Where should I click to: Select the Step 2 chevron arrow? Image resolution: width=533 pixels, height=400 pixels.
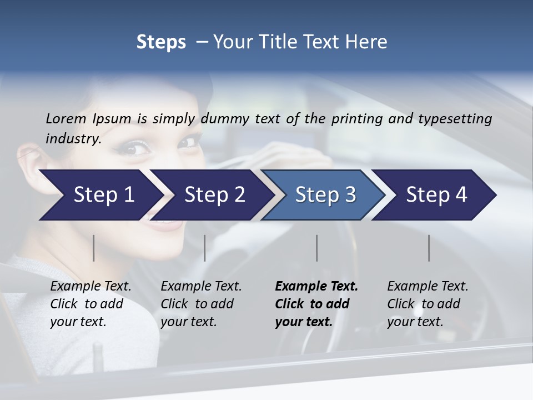[x=214, y=195]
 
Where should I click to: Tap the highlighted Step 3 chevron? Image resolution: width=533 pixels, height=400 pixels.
[x=325, y=195]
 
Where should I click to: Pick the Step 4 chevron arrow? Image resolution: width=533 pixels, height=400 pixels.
[x=436, y=195]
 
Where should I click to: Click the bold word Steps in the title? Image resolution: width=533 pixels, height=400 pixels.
[x=161, y=42]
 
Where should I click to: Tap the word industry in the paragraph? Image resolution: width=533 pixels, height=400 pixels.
[x=72, y=138]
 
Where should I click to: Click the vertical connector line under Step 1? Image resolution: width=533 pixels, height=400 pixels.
[x=93, y=248]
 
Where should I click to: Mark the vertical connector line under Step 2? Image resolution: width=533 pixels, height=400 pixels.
[x=204, y=248]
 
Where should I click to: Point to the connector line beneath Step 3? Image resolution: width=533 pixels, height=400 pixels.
[x=316, y=248]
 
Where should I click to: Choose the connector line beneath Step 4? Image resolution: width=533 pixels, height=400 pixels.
[x=429, y=248]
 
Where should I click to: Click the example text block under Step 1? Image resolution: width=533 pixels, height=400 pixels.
[x=90, y=304]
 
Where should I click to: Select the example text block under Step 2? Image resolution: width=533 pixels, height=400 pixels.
[x=201, y=304]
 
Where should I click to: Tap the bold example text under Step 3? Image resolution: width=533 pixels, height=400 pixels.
[x=316, y=304]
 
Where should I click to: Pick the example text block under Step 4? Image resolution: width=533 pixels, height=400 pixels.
[x=428, y=304]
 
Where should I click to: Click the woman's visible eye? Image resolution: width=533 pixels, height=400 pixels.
[x=135, y=147]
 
